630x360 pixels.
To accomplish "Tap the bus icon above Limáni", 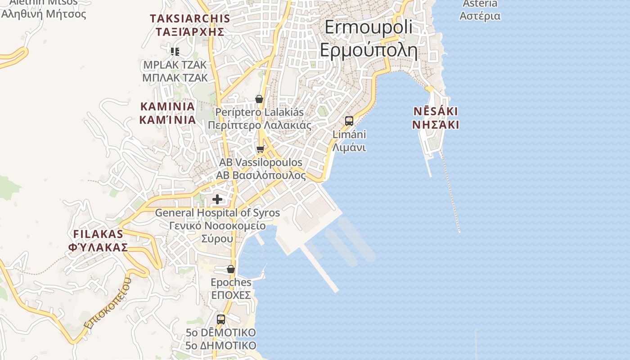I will (x=349, y=121).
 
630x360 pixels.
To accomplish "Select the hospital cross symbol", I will (x=217, y=199).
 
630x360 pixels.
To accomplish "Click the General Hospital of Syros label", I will (x=217, y=225).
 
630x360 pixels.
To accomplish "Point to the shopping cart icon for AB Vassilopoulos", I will (x=260, y=149).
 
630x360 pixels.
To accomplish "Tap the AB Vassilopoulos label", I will (x=261, y=169).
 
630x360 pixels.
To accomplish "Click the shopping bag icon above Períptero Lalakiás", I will (x=259, y=99).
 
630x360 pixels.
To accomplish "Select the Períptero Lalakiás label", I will (x=259, y=118).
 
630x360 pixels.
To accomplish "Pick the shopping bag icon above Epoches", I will (x=231, y=269).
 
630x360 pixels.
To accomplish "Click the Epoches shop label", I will (x=231, y=288).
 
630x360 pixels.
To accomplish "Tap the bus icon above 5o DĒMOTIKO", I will (x=221, y=319).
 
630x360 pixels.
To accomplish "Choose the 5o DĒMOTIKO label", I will (x=221, y=339).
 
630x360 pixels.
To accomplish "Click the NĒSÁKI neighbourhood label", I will (x=436, y=118).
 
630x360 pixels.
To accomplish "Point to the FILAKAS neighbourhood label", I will (x=98, y=240).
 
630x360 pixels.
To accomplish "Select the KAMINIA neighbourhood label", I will (x=167, y=113).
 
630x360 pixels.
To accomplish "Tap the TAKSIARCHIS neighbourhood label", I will (x=190, y=25).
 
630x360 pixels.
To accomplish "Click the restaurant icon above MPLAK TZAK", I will (x=175, y=51).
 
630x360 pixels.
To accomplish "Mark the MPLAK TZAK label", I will (x=175, y=71).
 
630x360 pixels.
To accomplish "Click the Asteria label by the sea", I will (x=480, y=10).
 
